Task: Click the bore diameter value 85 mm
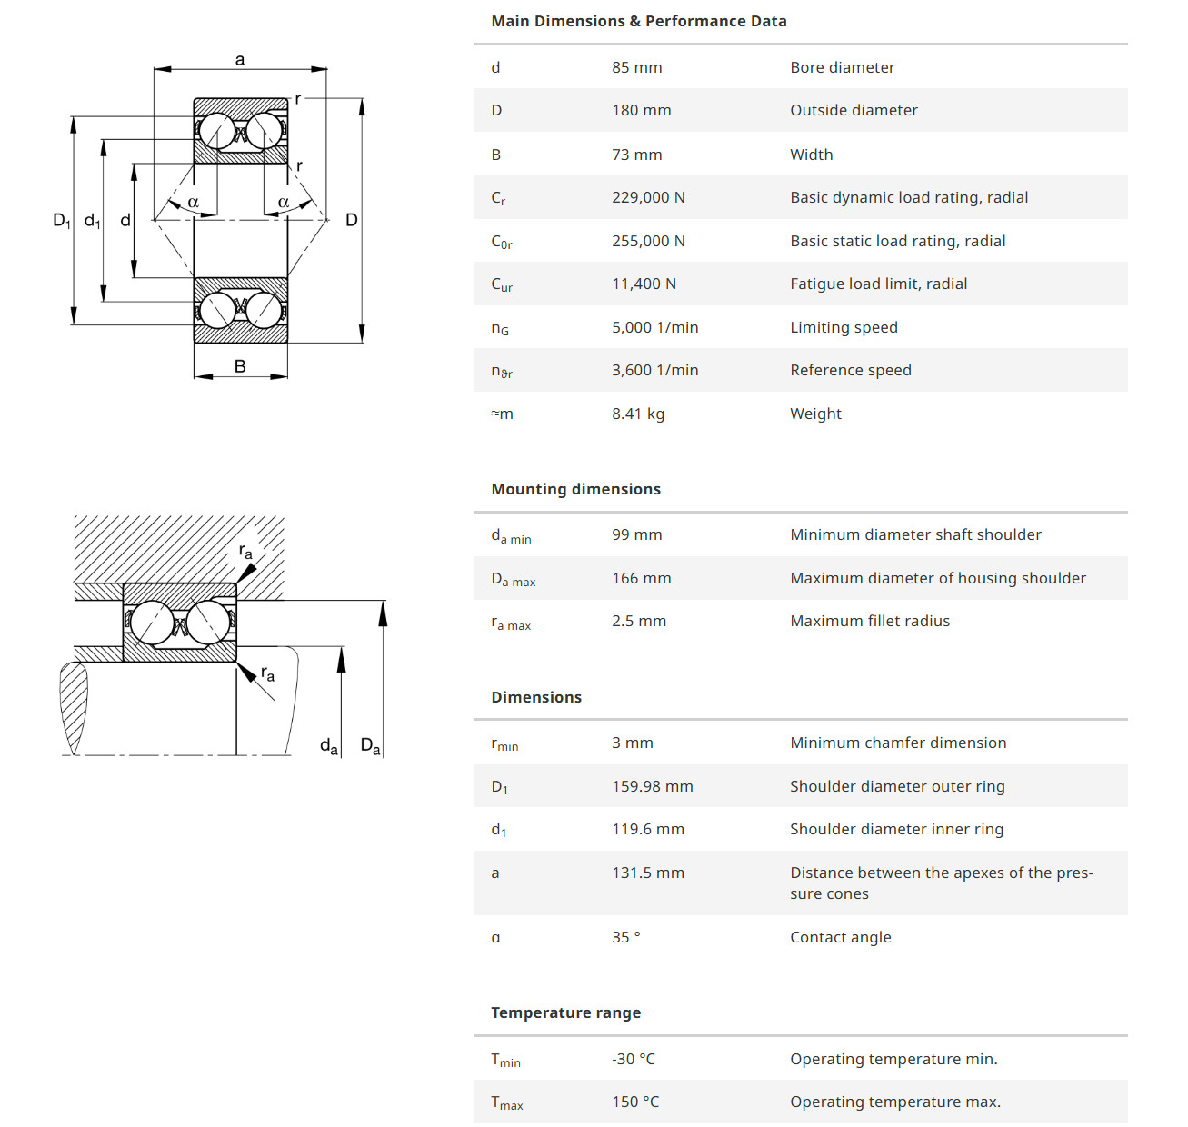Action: pos(636,67)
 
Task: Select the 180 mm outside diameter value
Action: pos(641,110)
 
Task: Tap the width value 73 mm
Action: pos(636,155)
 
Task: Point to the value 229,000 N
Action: pos(648,197)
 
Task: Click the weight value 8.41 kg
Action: pos(637,414)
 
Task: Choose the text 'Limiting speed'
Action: pos(843,327)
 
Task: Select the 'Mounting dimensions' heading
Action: pos(575,489)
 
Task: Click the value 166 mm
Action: pos(641,578)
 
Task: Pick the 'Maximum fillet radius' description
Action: pos(869,621)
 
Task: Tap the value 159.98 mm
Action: pos(652,786)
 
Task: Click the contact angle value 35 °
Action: pos(625,937)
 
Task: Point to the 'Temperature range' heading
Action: pos(565,1012)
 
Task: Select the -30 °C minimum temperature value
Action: pos(633,1059)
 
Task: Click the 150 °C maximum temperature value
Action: pos(634,1102)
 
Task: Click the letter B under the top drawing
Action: pos(240,366)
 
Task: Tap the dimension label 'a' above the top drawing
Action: pos(240,60)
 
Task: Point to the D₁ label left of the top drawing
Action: pos(61,220)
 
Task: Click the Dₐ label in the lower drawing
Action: pos(370,746)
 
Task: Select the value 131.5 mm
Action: pos(647,873)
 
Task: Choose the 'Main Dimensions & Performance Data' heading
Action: pos(638,21)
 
